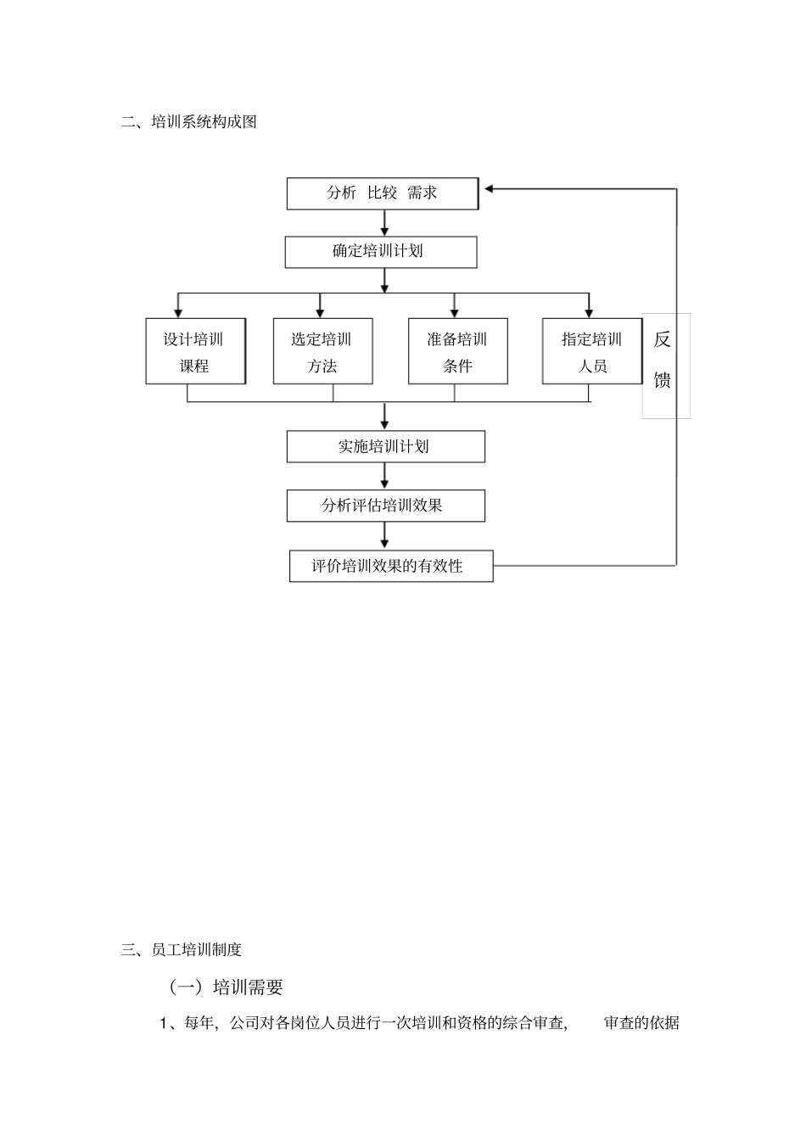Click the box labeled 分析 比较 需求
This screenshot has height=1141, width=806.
pyautogui.click(x=382, y=193)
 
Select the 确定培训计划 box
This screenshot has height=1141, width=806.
pyautogui.click(x=380, y=252)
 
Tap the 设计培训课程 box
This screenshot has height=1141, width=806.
pyautogui.click(x=195, y=352)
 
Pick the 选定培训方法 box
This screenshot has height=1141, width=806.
pyautogui.click(x=322, y=352)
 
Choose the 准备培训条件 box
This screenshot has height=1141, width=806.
pyautogui.click(x=457, y=352)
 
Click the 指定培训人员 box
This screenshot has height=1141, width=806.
pyautogui.click(x=592, y=352)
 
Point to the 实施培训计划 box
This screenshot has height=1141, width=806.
pyautogui.click(x=385, y=447)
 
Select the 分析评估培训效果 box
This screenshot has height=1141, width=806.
pyautogui.click(x=385, y=506)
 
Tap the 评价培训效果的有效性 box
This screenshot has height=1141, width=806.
pyautogui.click(x=390, y=566)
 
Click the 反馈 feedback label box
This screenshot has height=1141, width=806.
pyautogui.click(x=664, y=365)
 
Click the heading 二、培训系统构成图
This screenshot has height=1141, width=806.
pyautogui.click(x=188, y=122)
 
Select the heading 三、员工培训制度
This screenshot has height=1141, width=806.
pyautogui.click(x=182, y=950)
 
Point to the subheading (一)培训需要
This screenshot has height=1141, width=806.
pyautogui.click(x=226, y=987)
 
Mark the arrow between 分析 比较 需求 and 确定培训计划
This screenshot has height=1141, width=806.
pyautogui.click(x=385, y=223)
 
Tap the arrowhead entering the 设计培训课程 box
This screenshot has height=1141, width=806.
pyautogui.click(x=178, y=310)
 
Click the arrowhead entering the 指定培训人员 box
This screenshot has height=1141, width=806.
pyautogui.click(x=589, y=310)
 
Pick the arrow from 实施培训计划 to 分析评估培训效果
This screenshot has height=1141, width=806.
pyautogui.click(x=385, y=477)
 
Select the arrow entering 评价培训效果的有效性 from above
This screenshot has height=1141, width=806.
pyautogui.click(x=385, y=537)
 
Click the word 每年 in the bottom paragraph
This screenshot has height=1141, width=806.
pyautogui.click(x=199, y=1023)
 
